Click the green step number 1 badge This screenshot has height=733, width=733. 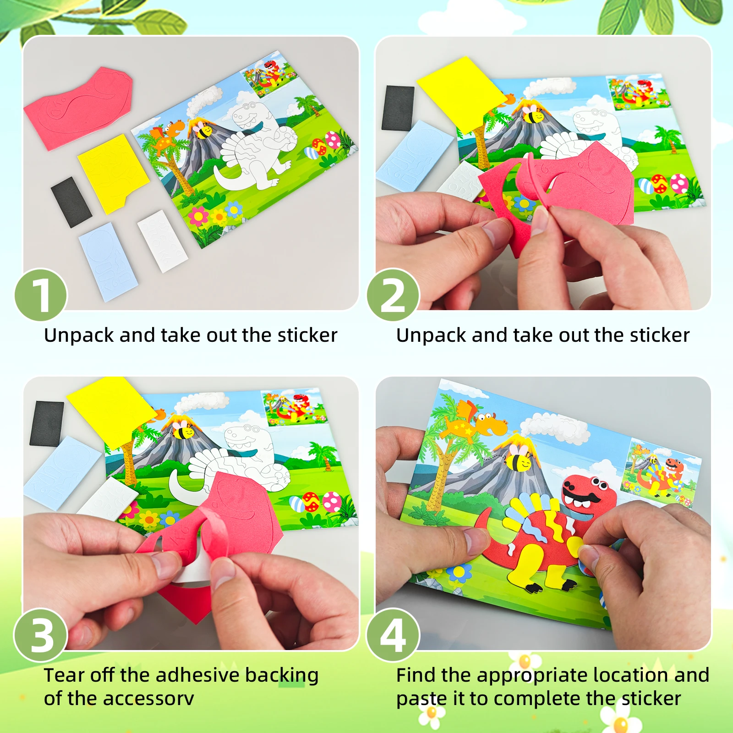41,295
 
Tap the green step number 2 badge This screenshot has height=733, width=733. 393,295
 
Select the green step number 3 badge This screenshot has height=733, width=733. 41,635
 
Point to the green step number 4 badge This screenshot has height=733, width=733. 393,635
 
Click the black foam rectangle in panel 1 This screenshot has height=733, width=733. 71,202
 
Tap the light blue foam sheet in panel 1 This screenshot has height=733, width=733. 108,261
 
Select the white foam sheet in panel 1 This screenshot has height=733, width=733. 163,241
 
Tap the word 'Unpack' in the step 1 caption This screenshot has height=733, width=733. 79,336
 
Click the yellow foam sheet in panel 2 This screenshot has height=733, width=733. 460,94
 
